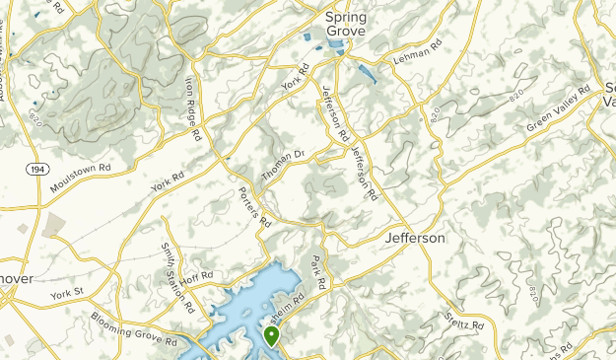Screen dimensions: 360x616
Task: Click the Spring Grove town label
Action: (x=346, y=24)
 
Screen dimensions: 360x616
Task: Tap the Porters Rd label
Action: (x=254, y=206)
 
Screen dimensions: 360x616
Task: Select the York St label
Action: (x=70, y=295)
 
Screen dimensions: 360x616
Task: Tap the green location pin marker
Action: (x=272, y=337)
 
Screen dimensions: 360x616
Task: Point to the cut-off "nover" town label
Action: (x=17, y=279)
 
